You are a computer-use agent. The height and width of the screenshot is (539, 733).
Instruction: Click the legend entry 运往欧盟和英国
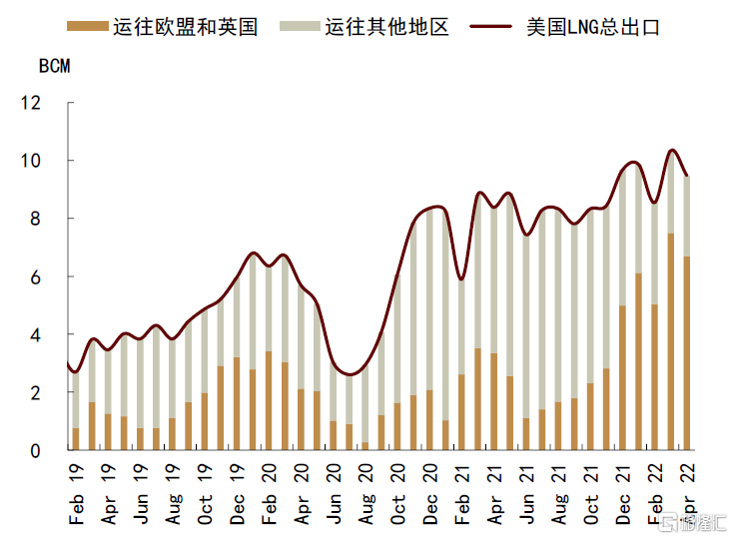pyautogui.click(x=185, y=27)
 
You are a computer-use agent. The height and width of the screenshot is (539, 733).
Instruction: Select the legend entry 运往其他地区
pyautogui.click(x=387, y=27)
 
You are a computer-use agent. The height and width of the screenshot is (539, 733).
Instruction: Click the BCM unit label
pyautogui.click(x=54, y=68)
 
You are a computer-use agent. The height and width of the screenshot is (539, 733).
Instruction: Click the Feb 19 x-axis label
pyautogui.click(x=76, y=494)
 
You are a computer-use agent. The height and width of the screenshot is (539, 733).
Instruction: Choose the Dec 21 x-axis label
pyautogui.click(x=623, y=494)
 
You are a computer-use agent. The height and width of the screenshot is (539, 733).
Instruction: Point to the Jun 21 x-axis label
pyautogui.click(x=526, y=494)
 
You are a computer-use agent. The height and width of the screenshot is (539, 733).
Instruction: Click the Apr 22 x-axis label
pyautogui.click(x=687, y=494)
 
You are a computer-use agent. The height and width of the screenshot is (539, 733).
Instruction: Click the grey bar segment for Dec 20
pyautogui.click(x=429, y=299)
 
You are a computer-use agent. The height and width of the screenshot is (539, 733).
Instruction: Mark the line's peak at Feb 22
pyautogui.click(x=671, y=150)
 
